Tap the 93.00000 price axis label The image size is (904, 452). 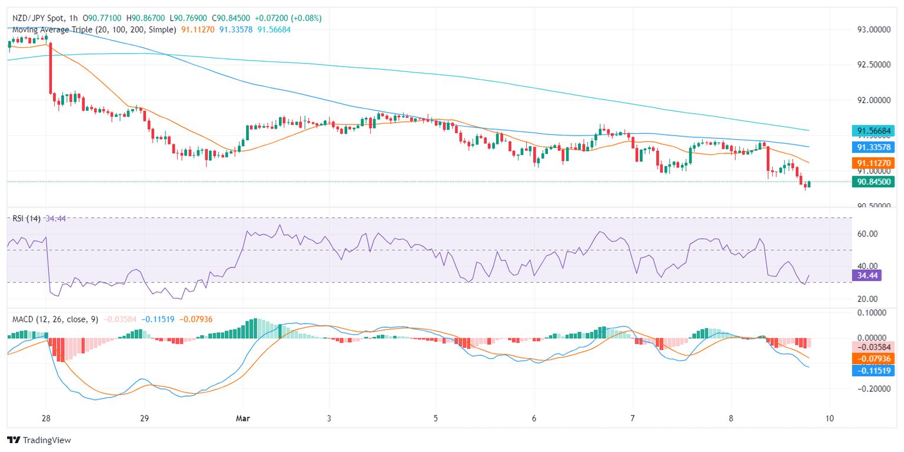873,29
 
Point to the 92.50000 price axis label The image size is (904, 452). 873,65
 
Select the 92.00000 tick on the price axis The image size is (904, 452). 873,100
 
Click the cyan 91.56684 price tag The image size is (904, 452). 873,131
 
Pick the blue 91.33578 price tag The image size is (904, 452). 873,147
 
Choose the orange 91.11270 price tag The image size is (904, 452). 873,163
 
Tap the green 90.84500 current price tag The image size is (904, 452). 873,182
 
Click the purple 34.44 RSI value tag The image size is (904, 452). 866,275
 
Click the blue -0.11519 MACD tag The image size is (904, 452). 873,371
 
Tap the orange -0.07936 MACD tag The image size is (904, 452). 873,358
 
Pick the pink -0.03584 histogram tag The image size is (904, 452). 873,347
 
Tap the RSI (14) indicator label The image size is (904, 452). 26,219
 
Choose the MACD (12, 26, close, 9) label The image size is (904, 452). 55,319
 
